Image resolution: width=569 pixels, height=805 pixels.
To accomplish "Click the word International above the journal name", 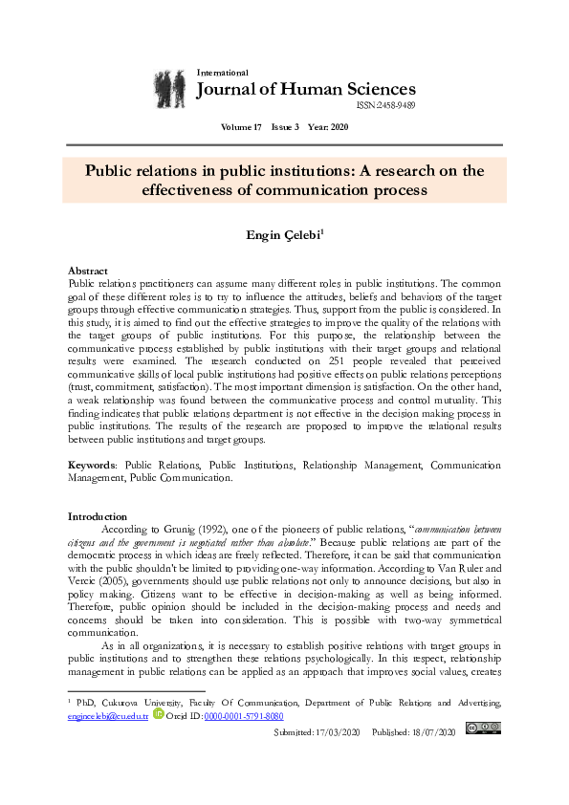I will [222, 73].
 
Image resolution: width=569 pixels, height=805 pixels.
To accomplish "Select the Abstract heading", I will [88, 272].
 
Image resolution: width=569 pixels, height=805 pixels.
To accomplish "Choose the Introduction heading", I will [98, 516].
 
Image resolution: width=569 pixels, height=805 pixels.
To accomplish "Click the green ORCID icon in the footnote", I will [158, 714].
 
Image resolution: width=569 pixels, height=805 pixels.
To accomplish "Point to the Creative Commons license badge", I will [482, 729].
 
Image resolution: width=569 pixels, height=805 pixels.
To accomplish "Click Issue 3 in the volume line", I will [284, 127].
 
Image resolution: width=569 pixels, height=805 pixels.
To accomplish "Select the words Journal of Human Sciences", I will [305, 90].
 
